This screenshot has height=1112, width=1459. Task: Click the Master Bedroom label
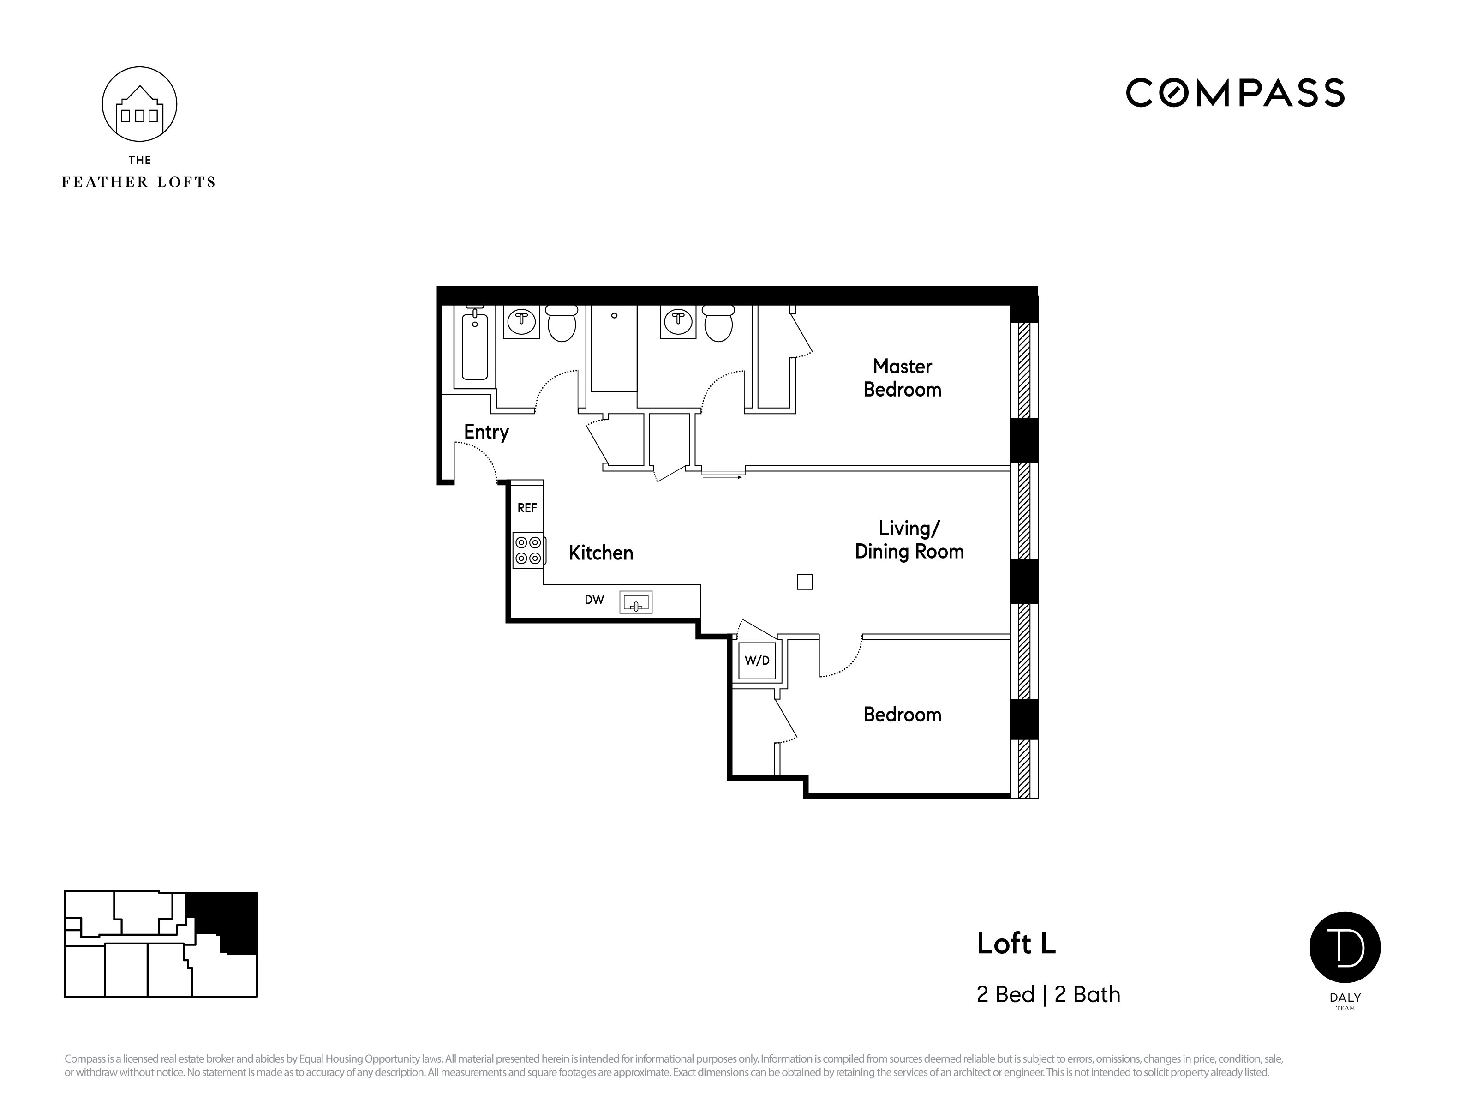[902, 377]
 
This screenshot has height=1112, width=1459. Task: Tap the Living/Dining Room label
[909, 540]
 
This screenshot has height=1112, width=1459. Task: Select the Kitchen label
[601, 553]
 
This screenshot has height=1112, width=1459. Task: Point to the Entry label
[486, 432]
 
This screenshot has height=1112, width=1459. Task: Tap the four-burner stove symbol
[528, 551]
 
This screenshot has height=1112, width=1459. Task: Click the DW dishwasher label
[594, 600]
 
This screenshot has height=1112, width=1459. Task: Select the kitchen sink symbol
[636, 602]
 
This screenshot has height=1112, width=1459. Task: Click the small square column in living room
[805, 582]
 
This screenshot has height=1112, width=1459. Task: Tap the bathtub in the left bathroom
[474, 347]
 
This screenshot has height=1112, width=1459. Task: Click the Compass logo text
[1235, 93]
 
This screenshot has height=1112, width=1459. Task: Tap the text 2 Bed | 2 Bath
[1048, 995]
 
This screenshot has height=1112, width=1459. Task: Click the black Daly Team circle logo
[1345, 947]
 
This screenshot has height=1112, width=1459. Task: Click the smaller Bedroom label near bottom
[902, 714]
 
